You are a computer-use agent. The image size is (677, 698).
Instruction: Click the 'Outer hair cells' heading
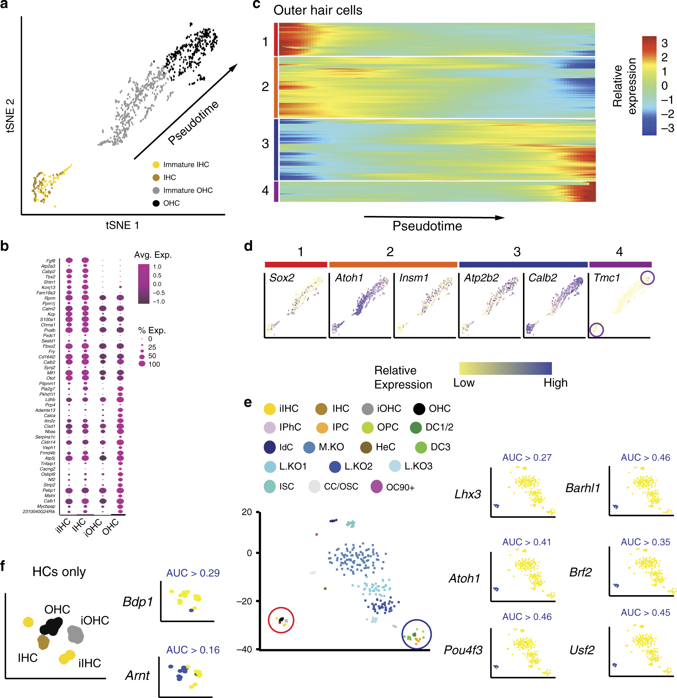tap(318, 10)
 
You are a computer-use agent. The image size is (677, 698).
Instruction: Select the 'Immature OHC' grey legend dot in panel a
tap(156, 190)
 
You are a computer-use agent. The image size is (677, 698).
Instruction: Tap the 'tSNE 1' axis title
tap(122, 225)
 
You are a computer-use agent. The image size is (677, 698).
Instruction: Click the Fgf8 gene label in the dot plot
tap(51, 261)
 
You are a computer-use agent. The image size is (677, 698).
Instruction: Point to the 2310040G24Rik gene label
tap(39, 512)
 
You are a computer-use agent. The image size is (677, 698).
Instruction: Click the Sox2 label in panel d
tap(282, 278)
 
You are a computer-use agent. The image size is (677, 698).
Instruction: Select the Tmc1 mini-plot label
tap(607, 278)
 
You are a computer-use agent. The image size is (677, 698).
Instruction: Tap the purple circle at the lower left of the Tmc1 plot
tap(596, 330)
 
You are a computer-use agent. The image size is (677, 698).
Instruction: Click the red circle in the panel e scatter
tap(281, 620)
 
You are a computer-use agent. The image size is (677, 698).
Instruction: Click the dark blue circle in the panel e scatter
tap(416, 634)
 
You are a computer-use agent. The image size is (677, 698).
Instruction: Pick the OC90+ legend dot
tap(377, 487)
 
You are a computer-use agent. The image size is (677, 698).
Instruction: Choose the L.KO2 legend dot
tap(335, 467)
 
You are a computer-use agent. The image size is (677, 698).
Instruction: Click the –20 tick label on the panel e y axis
tap(244, 602)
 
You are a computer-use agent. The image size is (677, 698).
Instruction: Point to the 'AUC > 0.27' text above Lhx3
tap(527, 458)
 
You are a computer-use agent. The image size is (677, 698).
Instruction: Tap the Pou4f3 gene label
tap(463, 650)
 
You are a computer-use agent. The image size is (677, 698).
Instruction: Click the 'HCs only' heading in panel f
tap(59, 571)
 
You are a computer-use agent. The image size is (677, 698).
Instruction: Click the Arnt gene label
tap(137, 676)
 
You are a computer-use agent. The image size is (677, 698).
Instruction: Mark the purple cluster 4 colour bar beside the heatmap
tap(276, 192)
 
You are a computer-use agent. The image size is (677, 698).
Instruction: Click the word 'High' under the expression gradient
tap(555, 383)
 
